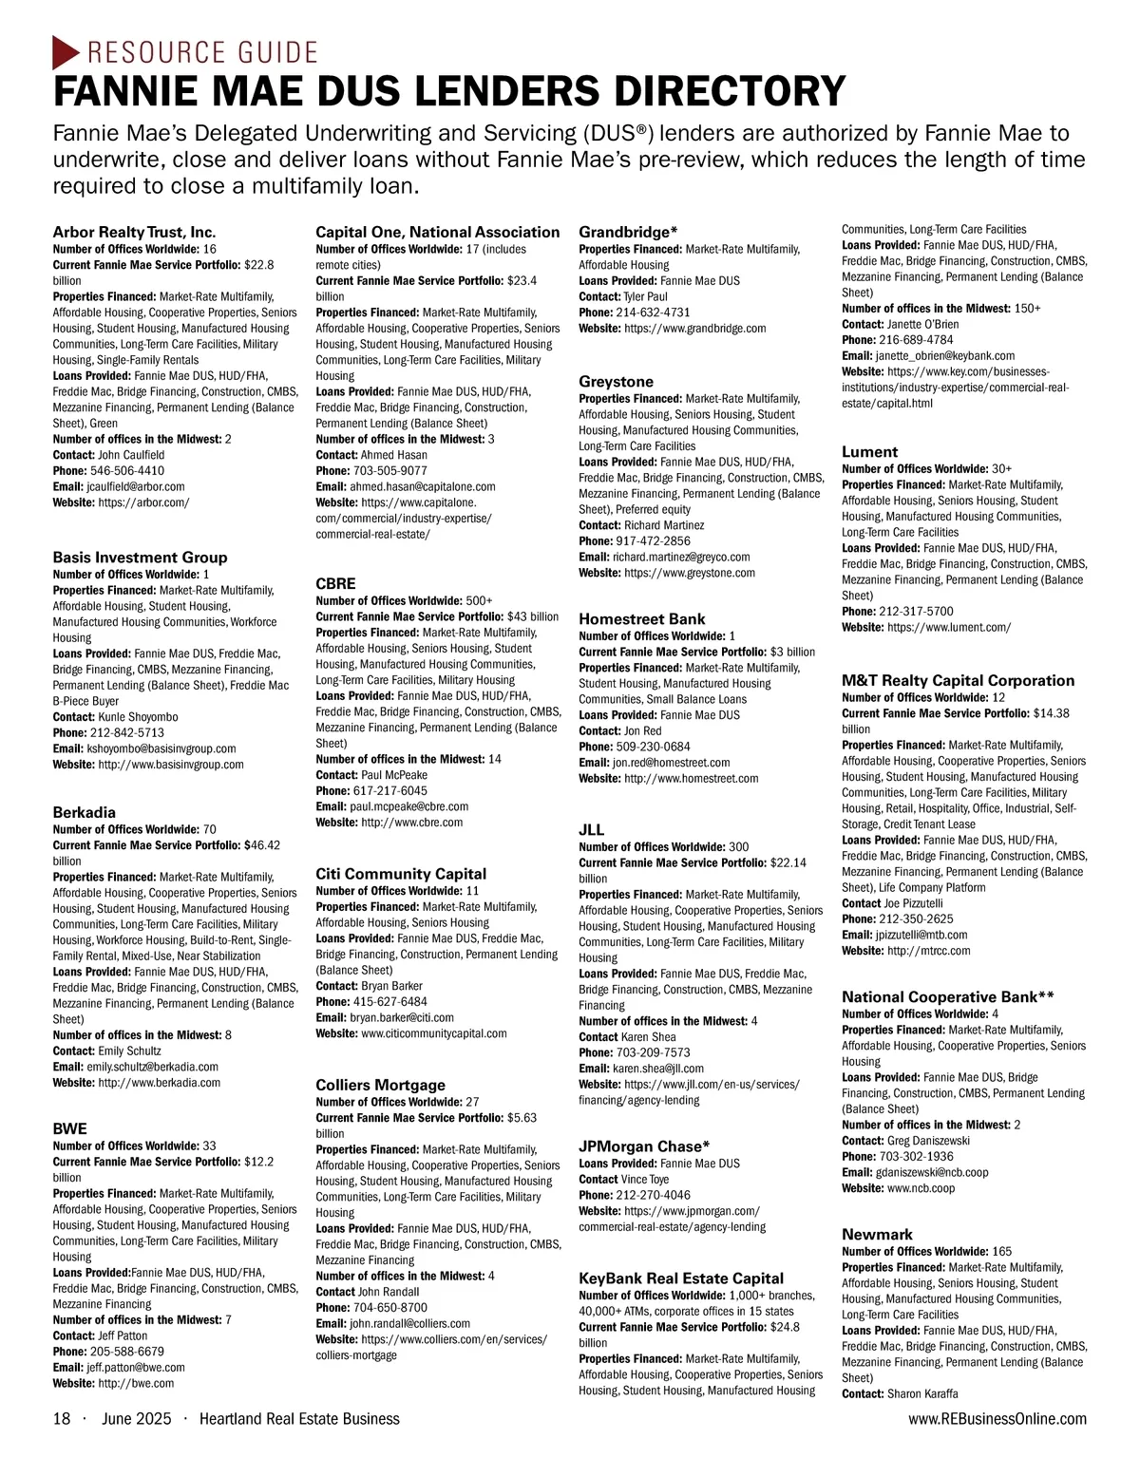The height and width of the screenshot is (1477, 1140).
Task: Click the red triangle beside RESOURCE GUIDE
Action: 65,51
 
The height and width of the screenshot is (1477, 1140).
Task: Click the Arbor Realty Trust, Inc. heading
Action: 134,232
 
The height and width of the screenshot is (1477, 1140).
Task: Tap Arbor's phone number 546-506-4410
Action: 127,471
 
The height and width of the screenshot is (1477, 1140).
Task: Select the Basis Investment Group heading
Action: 140,558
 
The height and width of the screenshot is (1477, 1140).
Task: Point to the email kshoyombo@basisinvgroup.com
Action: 161,748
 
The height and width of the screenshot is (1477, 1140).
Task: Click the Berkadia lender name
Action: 85,812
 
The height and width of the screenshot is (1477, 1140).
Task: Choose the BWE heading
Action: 69,1128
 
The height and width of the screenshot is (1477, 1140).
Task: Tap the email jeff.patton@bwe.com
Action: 136,1368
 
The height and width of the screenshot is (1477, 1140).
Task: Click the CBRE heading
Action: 335,583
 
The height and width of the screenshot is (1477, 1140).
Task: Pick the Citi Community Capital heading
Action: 401,874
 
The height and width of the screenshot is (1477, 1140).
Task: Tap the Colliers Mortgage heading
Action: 380,1085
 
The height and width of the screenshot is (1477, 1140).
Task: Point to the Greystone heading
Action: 617,382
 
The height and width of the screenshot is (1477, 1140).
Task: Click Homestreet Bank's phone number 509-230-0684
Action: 654,747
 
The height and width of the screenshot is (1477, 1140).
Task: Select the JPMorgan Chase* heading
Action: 644,1146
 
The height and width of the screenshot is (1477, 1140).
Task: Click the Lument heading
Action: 869,452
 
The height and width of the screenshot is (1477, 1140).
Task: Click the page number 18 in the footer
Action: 62,1419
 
